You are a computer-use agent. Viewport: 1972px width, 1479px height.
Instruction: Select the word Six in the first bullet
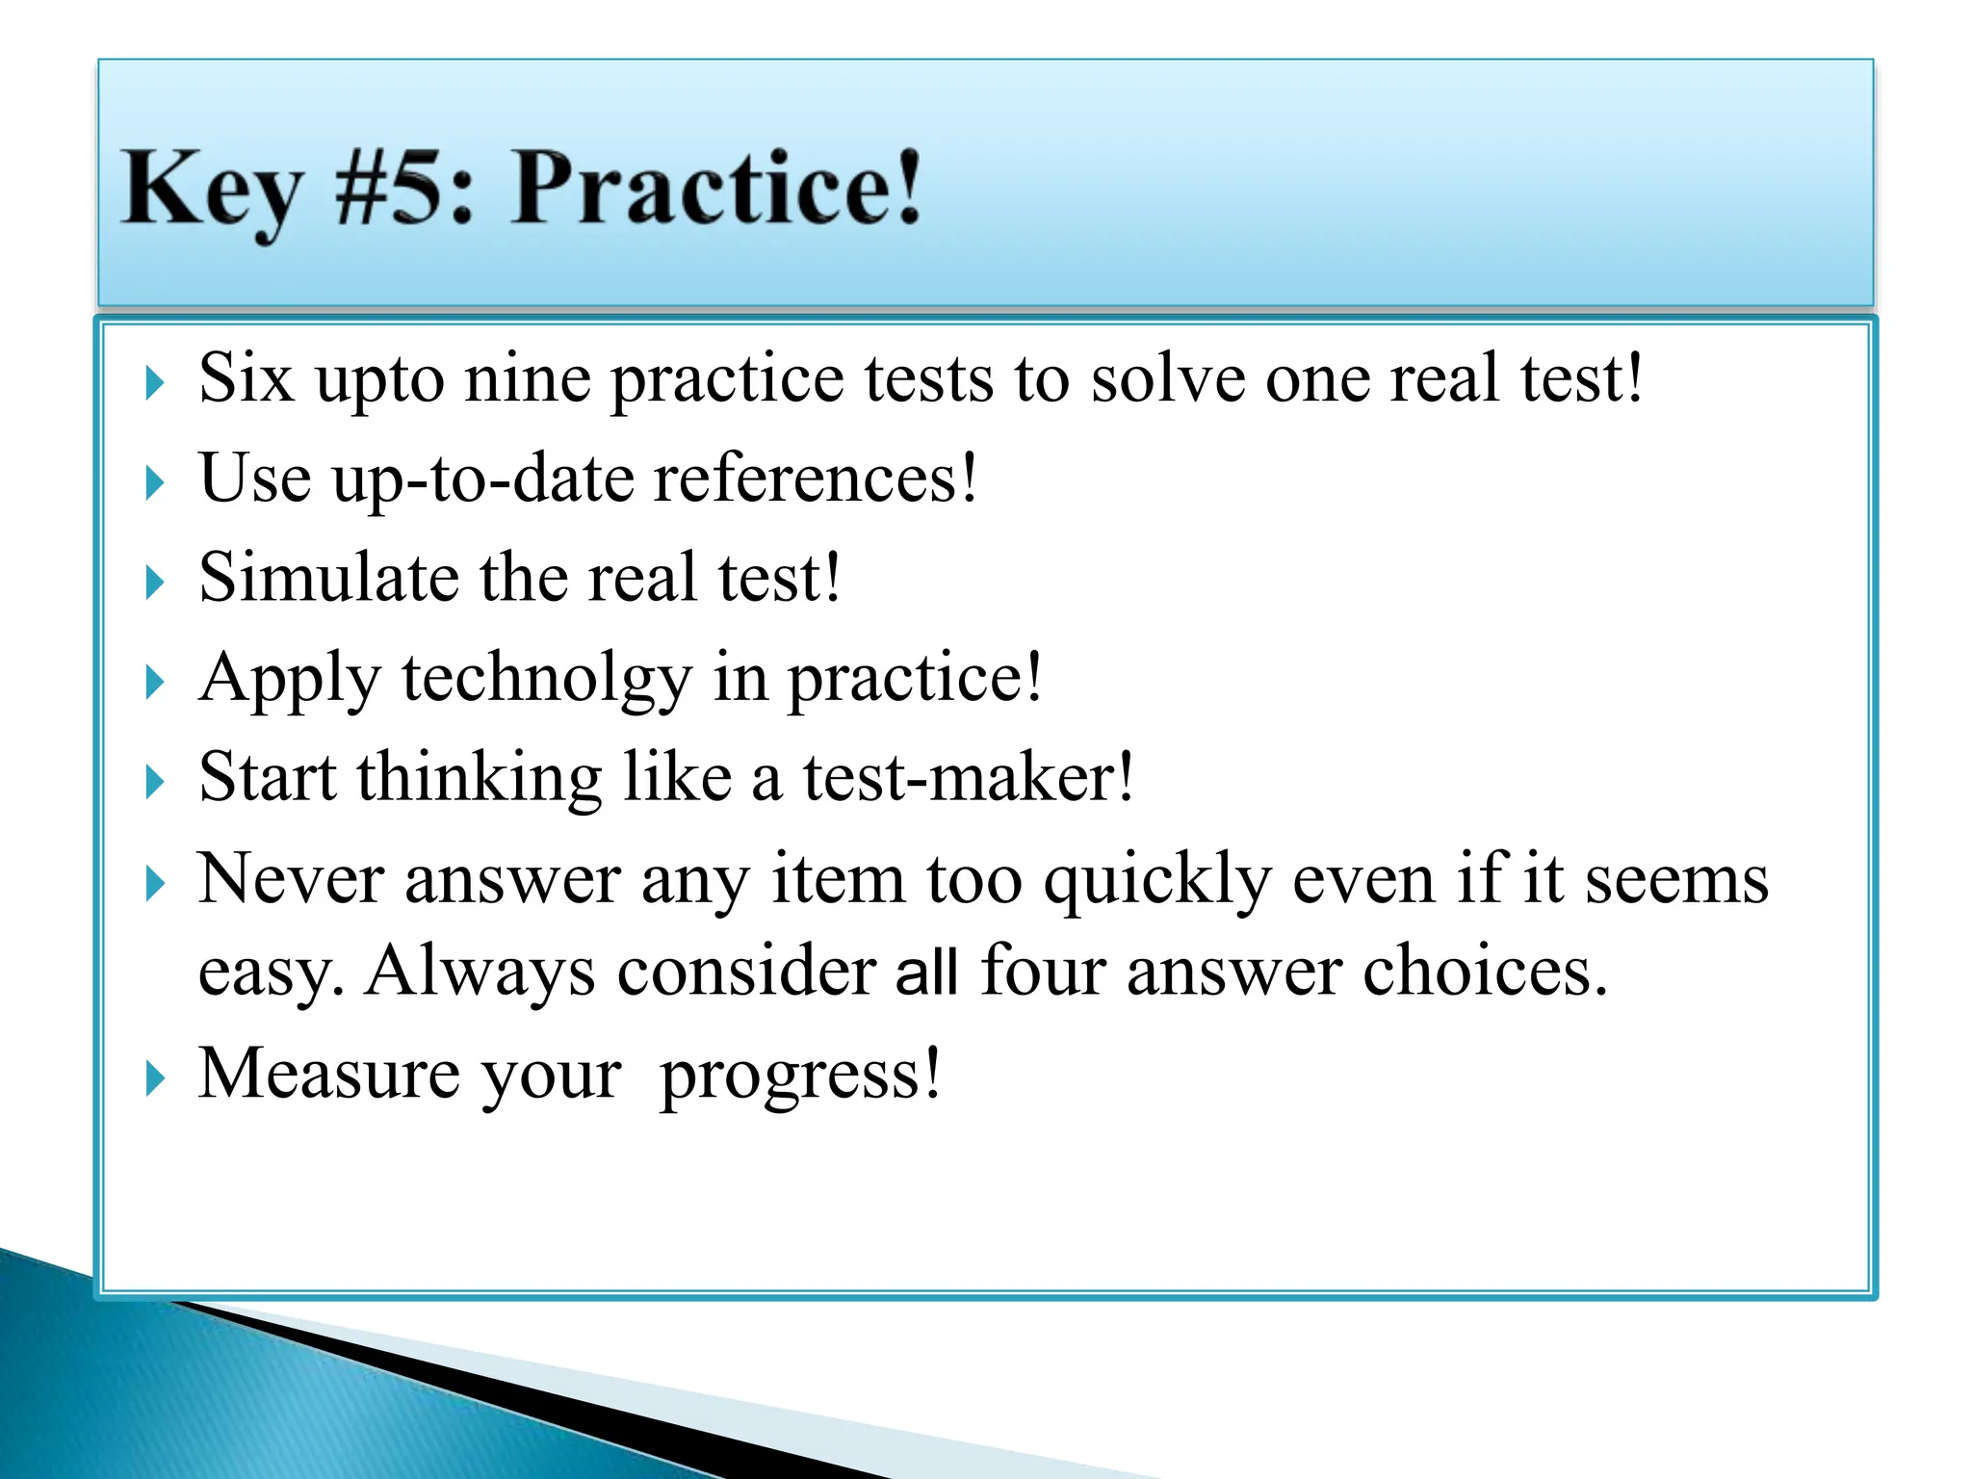[246, 377]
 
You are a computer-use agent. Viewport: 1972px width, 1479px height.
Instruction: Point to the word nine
[527, 377]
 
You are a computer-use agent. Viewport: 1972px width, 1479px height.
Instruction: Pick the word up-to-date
[482, 479]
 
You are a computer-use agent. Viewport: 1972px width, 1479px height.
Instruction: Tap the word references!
[815, 479]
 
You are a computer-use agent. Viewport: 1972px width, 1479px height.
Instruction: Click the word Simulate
[328, 578]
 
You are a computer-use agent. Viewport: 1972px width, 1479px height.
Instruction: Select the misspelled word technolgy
[546, 679]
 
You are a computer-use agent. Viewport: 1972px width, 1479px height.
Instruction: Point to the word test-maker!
[969, 777]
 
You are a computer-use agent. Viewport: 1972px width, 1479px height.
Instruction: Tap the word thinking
[479, 779]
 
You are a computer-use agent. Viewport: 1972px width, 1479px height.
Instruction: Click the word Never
[291, 878]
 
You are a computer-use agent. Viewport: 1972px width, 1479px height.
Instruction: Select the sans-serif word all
[926, 972]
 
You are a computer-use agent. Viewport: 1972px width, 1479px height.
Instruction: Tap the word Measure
[328, 1073]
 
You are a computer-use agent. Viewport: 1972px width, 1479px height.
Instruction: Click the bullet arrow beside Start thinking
[154, 781]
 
